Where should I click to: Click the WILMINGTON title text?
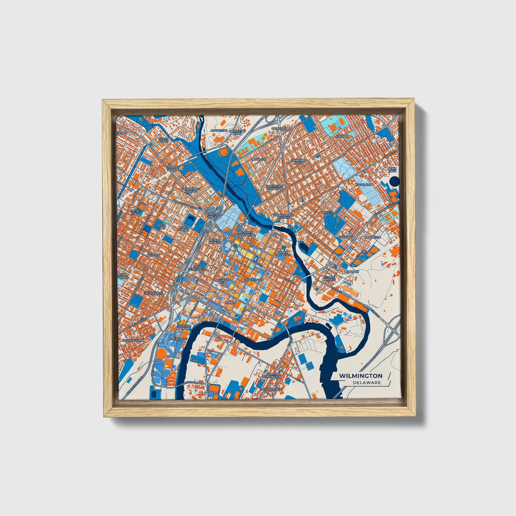coord(361,376)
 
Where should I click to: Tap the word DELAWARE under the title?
coord(367,383)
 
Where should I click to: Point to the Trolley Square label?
coord(172,168)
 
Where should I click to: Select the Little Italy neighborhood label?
coord(135,212)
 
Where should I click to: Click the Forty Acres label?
coord(163,140)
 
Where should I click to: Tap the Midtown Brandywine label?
coord(245,234)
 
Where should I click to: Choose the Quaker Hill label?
coord(222,281)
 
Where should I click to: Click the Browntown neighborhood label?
coord(133,341)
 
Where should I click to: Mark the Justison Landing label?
coord(184,327)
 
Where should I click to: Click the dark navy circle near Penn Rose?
coord(394,181)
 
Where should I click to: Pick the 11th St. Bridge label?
coord(329,278)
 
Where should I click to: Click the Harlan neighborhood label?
coord(342,136)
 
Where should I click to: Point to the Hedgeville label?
coord(154,293)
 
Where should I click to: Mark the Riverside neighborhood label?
coord(373,237)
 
